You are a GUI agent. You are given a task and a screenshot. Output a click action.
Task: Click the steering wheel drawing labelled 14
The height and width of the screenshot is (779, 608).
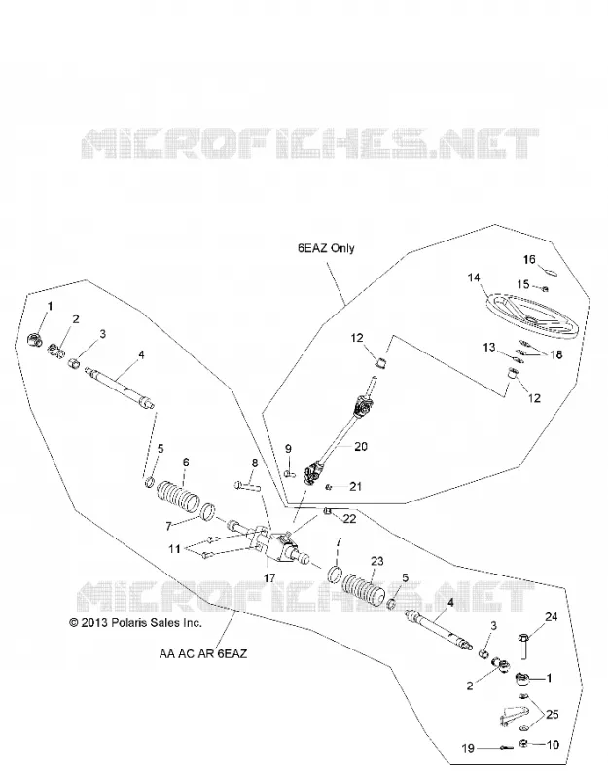coord(532,316)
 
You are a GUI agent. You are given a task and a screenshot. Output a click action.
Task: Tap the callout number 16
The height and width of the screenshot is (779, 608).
coord(529,259)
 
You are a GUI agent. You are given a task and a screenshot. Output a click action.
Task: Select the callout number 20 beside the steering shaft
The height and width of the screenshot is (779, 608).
coord(360,446)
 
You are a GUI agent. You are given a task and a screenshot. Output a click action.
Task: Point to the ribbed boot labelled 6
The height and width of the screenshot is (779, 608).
coord(179,494)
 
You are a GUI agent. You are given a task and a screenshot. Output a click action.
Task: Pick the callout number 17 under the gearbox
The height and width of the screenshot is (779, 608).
coord(269,578)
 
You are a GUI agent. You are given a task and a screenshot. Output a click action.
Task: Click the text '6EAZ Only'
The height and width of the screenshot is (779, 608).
coord(326,248)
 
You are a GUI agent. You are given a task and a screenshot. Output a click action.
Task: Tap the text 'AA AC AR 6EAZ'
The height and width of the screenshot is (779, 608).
coord(202,653)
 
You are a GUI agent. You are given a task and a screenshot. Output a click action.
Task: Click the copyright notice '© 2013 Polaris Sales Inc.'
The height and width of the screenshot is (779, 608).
coord(135,622)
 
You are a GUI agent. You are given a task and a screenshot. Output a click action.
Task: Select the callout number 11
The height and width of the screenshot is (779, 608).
coord(174,549)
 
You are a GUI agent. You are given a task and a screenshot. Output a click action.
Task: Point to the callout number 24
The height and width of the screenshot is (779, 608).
coord(551,617)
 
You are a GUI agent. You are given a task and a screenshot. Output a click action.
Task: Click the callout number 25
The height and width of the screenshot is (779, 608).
coord(552,715)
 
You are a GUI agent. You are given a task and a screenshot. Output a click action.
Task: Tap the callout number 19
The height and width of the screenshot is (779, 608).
coord(468,748)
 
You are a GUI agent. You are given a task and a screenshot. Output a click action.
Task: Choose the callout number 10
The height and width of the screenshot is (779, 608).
coord(553,744)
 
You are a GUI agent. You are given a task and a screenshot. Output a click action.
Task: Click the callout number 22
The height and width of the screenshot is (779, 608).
coord(349,519)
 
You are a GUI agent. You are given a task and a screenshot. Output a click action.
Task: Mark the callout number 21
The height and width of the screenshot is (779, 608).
coord(355,486)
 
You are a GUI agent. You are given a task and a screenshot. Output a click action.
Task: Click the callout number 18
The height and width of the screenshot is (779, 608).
coord(556,354)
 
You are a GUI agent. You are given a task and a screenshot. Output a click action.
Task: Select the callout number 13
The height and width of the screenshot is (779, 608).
coord(489,347)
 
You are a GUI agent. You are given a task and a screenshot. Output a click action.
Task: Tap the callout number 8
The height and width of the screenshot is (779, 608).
coord(255,464)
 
